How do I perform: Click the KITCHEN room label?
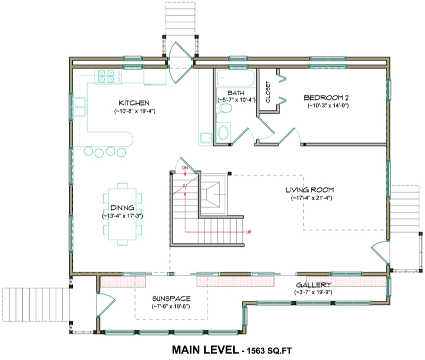[x=133, y=103]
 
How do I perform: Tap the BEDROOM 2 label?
[x=326, y=98]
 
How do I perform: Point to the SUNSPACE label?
[x=171, y=299]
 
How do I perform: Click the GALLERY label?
[x=314, y=285]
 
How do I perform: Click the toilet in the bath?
[x=226, y=109]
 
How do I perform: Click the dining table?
[x=123, y=212]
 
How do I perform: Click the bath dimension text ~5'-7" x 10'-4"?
[x=236, y=99]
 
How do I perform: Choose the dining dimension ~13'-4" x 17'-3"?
[x=123, y=216]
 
